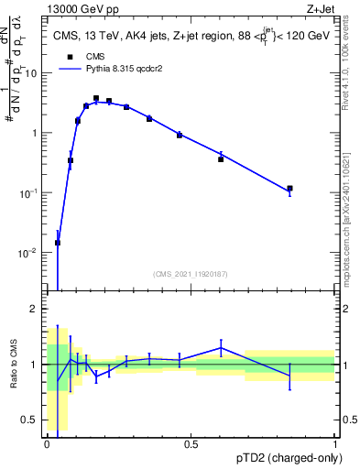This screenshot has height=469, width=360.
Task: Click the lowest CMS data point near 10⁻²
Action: coord(58,243)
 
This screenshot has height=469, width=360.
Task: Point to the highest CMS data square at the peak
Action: coord(96,98)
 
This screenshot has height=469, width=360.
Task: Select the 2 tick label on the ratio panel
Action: coord(37,310)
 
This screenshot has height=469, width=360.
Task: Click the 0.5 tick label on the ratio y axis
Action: coord(32,421)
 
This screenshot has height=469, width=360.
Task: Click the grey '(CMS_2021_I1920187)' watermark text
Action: coord(191,273)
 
